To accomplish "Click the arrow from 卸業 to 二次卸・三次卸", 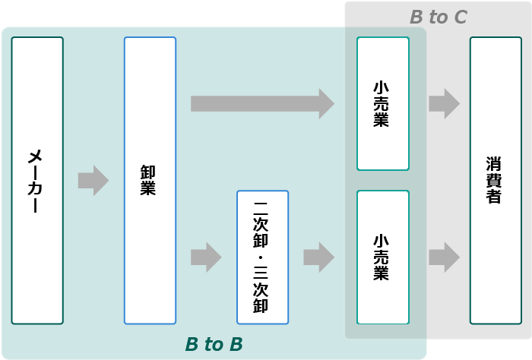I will click(205, 257).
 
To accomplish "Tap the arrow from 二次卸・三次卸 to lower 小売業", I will click(318, 257).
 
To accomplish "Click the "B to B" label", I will click(214, 345).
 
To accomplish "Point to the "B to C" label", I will click(439, 17).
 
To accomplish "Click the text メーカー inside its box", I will click(37, 181).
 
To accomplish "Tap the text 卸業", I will click(149, 181).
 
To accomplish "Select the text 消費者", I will click(496, 181).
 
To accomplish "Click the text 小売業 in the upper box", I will click(383, 104).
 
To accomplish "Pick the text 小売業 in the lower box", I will click(383, 257).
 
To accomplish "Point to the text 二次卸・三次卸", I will click(262, 257).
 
